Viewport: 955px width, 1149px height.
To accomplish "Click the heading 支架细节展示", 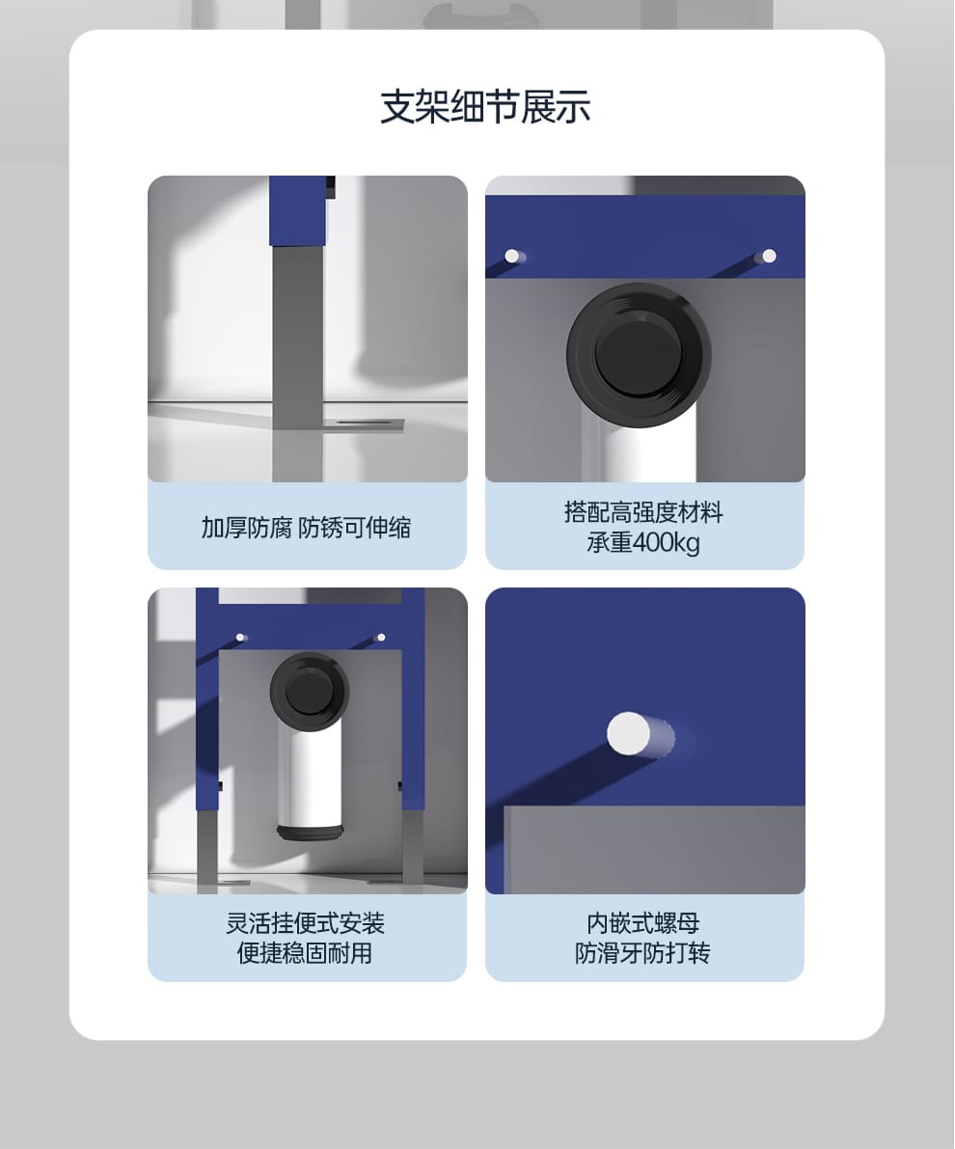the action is point(485,107).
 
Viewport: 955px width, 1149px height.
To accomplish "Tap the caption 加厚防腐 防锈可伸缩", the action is point(307,528).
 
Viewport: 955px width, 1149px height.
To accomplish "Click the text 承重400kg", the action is point(643,543).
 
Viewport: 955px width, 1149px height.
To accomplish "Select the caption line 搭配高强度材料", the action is point(643,512).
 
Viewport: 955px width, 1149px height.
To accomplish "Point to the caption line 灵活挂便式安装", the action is point(306,923).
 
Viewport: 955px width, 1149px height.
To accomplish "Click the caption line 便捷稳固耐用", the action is point(305,952).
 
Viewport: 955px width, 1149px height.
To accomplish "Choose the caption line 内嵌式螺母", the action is point(643,923).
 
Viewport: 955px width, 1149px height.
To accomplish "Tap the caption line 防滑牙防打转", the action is point(642,952).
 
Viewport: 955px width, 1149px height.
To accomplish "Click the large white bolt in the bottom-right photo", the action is point(630,733).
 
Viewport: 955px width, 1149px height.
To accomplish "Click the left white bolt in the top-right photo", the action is point(514,256).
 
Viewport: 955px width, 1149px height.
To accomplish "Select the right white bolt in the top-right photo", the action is point(766,256).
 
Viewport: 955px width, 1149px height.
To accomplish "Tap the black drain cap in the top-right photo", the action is point(639,355).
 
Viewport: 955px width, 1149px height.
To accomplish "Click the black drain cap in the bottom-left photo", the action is point(310,691).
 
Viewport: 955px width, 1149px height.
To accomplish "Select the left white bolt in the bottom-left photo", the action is point(240,638).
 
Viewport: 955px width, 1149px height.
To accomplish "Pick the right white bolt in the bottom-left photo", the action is point(380,638).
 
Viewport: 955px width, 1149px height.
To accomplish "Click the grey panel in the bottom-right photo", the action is point(654,850).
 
